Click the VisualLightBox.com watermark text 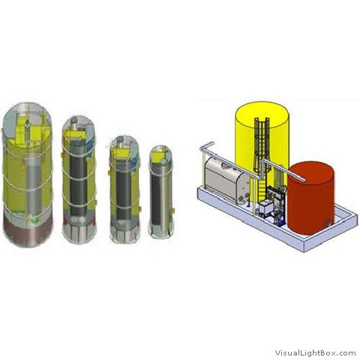point(315,352)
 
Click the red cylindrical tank point(310,198)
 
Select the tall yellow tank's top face point(262,115)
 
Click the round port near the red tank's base point(328,223)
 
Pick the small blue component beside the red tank point(281,222)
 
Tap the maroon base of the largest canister point(28,230)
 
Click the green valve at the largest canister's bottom point(35,220)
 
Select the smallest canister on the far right point(161,191)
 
